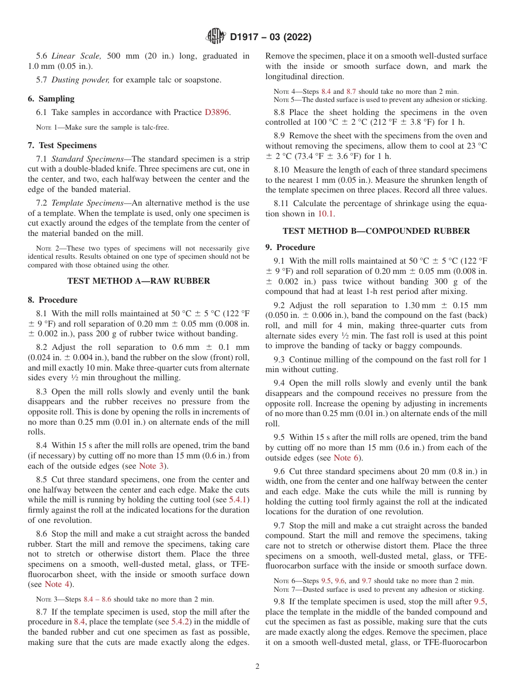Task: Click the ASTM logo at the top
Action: pyautogui.click(x=216, y=37)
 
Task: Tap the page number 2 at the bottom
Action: pyautogui.click(x=257, y=667)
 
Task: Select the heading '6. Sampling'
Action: pyautogui.click(x=51, y=99)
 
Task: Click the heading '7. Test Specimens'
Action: pyautogui.click(x=62, y=145)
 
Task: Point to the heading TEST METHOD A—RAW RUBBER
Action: pyautogui.click(x=139, y=281)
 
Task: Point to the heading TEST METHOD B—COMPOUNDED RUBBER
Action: pyautogui.click(x=376, y=231)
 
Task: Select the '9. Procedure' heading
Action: pyautogui.click(x=290, y=247)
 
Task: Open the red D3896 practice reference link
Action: pyautogui.click(x=217, y=112)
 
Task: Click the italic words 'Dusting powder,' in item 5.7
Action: pyautogui.click(x=81, y=80)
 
